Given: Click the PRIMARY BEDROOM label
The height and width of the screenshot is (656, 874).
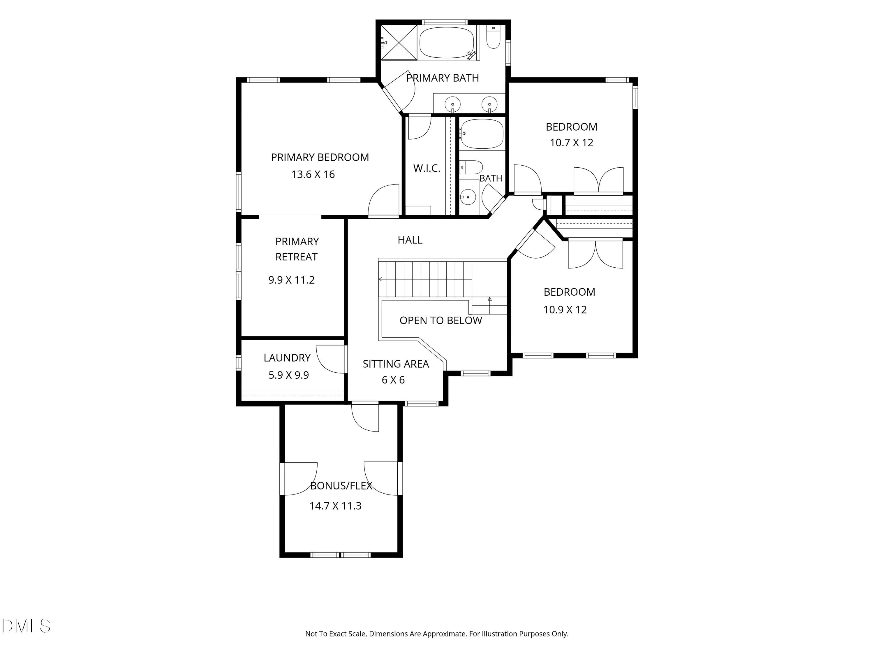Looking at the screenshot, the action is pyautogui.click(x=320, y=157).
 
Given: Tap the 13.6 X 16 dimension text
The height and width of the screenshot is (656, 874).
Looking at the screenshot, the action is pyautogui.click(x=313, y=174).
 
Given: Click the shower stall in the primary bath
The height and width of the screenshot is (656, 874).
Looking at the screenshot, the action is pyautogui.click(x=399, y=42).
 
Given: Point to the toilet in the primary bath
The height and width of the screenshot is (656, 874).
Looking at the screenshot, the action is pyautogui.click(x=493, y=37).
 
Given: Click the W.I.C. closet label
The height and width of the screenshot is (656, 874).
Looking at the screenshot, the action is pyautogui.click(x=427, y=169).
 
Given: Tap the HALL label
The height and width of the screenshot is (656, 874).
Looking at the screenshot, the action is pyautogui.click(x=410, y=240).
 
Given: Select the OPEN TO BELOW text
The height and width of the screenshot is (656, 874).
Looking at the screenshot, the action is pyautogui.click(x=440, y=320).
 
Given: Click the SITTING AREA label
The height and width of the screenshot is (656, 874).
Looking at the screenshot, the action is pyautogui.click(x=396, y=364).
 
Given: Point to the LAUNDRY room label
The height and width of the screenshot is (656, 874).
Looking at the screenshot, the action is pyautogui.click(x=287, y=358).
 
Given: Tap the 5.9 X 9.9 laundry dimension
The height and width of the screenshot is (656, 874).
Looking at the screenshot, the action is pyautogui.click(x=288, y=375).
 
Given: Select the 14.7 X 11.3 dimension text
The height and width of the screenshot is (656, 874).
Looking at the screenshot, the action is pyautogui.click(x=335, y=506).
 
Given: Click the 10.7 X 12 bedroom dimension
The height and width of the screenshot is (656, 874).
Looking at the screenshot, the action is pyautogui.click(x=571, y=143).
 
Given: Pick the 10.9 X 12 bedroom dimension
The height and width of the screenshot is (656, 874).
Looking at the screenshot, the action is pyautogui.click(x=565, y=310).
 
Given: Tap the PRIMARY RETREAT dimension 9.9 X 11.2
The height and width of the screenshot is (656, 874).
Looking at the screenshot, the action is pyautogui.click(x=291, y=280).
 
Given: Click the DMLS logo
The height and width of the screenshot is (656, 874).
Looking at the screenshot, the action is pyautogui.click(x=26, y=626).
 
